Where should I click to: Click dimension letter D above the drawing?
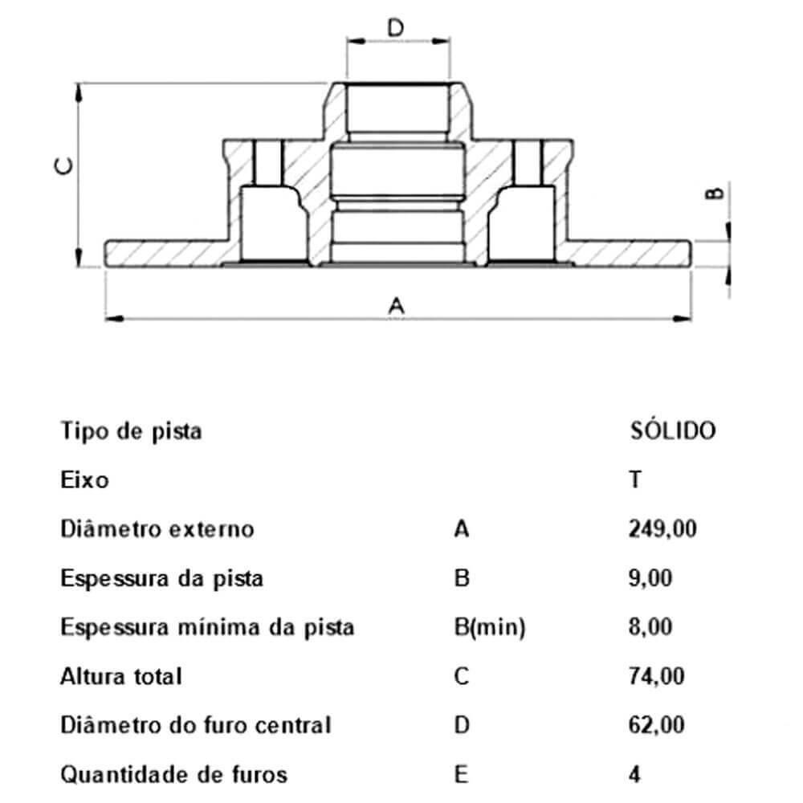[x=396, y=28]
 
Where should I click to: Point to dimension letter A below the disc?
[x=396, y=306]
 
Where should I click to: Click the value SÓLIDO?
[x=671, y=431]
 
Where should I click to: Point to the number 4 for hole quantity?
[x=634, y=774]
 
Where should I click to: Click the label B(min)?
[x=489, y=627]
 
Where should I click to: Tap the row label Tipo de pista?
[x=131, y=431]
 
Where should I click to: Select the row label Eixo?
[x=84, y=480]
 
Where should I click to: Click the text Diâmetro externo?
[x=157, y=529]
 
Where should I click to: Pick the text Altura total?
[x=121, y=676]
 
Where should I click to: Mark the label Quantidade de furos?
[x=173, y=774]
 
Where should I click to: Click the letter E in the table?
[x=460, y=774]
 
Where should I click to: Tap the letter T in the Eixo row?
[x=634, y=480]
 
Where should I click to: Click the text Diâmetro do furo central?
[x=195, y=725]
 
